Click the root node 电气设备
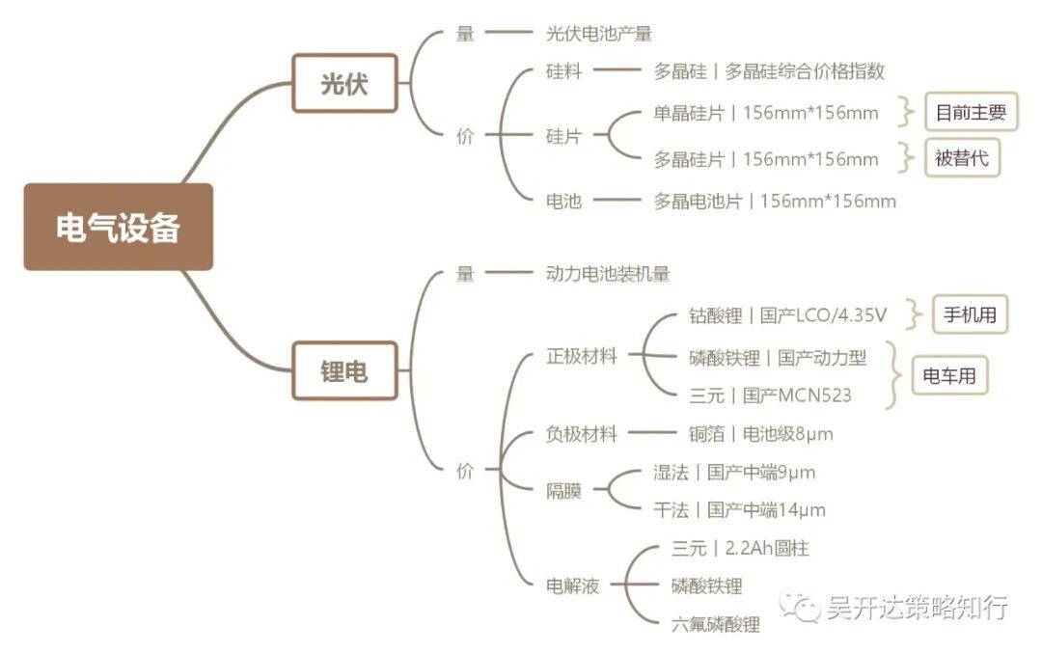118,227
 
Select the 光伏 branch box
344,84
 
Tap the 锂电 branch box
344,370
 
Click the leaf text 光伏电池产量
598,34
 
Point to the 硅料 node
563,71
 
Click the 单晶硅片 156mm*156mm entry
766,113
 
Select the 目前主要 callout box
971,112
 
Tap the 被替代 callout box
962,158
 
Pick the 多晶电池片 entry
775,202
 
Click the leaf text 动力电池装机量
608,274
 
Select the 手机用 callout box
970,314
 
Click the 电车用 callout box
950,376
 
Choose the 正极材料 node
581,357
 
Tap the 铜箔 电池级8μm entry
761,434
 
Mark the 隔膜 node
563,491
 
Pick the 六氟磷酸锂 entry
715,624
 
